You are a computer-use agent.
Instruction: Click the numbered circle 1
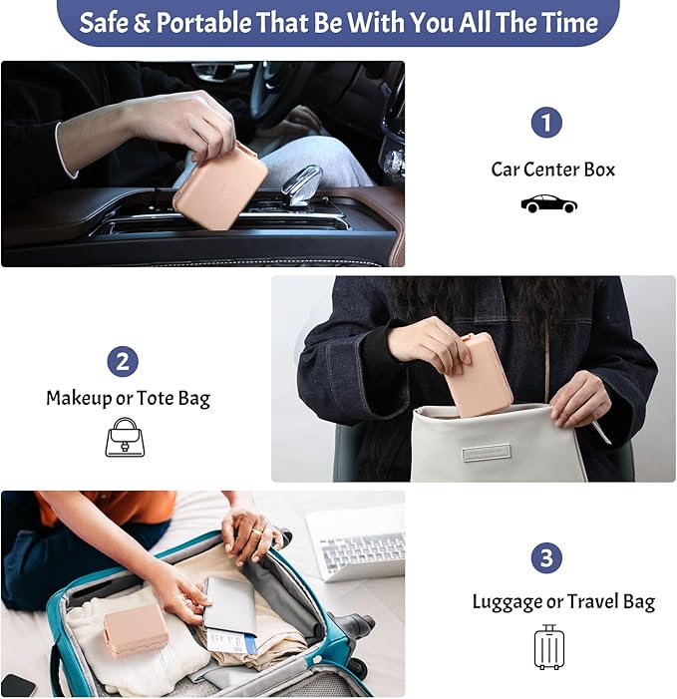(x=546, y=122)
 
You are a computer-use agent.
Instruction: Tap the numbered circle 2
(x=123, y=361)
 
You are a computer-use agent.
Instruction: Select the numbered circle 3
(x=546, y=557)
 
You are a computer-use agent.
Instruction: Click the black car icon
(x=549, y=203)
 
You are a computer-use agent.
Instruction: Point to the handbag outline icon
(x=125, y=438)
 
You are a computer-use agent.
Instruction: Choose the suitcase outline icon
(x=549, y=647)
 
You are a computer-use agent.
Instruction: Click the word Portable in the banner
(x=204, y=22)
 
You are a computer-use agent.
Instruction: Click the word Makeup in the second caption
(x=80, y=398)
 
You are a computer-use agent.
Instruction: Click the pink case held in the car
(x=220, y=185)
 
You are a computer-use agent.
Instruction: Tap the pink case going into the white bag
(x=481, y=375)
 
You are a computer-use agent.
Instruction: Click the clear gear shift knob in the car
(x=301, y=184)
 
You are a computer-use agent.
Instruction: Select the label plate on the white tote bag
(x=487, y=453)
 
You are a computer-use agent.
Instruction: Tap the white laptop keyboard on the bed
(x=366, y=551)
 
